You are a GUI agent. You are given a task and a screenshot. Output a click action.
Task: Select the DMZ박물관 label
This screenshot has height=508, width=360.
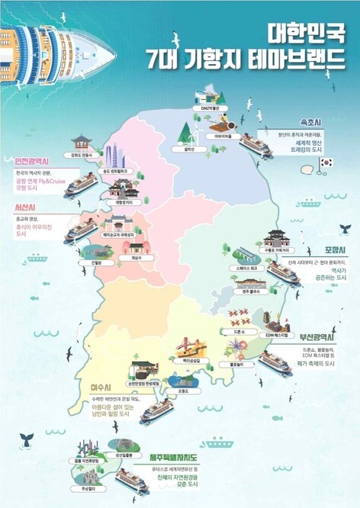pos(209,108)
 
